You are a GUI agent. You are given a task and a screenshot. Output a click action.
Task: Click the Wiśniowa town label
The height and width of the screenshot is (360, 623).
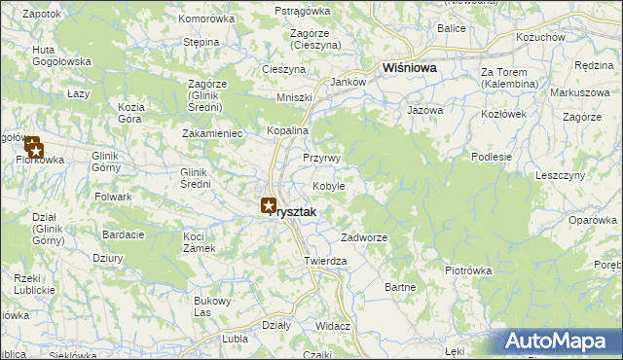coord(410,69)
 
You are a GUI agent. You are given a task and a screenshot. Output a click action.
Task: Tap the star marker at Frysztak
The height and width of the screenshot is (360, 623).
coord(269,205)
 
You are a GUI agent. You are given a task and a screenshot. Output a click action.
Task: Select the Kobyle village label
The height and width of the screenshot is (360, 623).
coord(329,186)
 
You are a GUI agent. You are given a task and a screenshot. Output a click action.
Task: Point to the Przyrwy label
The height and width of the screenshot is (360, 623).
coord(320,158)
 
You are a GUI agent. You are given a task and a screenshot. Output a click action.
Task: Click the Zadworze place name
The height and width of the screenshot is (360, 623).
coord(365,237)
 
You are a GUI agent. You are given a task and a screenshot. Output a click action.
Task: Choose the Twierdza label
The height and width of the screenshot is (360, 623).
coord(326,262)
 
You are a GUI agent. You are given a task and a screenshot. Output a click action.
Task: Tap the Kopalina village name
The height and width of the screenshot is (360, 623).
coord(287,130)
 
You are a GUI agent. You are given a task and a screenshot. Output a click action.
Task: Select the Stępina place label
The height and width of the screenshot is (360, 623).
coord(201,43)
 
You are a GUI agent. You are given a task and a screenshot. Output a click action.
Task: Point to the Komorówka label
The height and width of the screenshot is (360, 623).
coord(207,18)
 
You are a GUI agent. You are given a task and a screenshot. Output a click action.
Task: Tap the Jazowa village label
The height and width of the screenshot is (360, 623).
coord(425,111)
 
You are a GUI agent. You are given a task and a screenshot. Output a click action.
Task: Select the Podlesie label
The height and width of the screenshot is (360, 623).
coord(492,156)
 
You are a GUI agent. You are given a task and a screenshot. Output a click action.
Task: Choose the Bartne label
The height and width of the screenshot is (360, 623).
coord(401,287)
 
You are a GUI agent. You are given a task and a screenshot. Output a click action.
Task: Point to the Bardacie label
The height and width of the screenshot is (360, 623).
coord(124,234)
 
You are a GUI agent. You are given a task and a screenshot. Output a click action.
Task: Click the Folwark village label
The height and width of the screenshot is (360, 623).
coord(114,197)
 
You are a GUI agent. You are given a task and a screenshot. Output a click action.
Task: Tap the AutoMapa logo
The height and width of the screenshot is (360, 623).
coord(560,342)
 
